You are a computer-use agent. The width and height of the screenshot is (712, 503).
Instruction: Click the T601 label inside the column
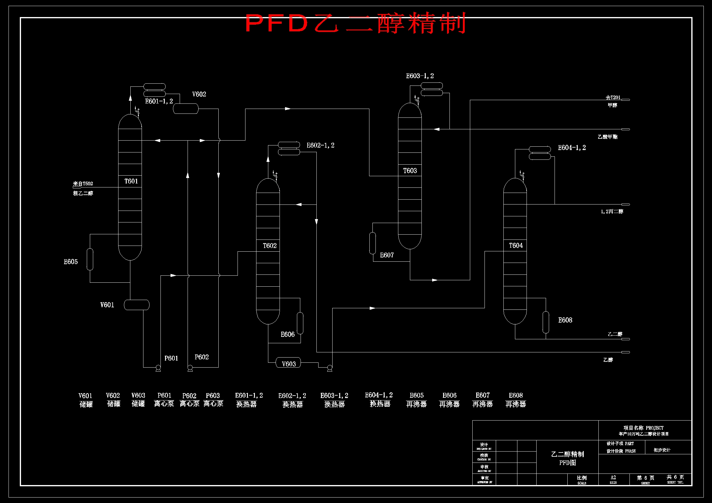(131, 181)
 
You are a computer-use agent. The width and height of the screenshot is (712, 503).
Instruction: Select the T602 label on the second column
(270, 246)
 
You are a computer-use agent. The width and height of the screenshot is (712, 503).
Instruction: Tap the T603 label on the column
(410, 171)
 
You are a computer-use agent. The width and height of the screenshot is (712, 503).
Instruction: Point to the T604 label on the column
(516, 246)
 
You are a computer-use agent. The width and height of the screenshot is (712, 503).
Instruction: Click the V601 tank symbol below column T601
(136, 305)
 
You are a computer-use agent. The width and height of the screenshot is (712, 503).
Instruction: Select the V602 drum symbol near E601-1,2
(185, 109)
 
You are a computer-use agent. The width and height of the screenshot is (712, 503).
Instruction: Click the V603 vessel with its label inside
(288, 363)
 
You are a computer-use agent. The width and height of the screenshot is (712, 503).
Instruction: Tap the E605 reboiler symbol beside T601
(90, 259)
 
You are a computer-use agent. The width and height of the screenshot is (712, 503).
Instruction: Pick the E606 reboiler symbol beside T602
(300, 323)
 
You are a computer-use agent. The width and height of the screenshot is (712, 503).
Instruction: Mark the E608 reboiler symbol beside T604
(546, 322)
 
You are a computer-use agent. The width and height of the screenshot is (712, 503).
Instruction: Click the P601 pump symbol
(158, 368)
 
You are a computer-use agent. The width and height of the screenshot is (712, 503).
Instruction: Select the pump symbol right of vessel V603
(330, 368)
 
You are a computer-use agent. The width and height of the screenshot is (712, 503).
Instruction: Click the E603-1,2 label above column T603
(420, 76)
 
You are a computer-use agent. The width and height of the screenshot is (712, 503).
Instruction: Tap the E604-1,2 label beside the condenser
(572, 148)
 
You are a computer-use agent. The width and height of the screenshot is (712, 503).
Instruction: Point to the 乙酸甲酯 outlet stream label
(607, 137)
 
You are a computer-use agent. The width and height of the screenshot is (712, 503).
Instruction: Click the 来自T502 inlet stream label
(83, 183)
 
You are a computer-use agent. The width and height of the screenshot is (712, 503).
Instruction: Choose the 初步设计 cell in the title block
(662, 450)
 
